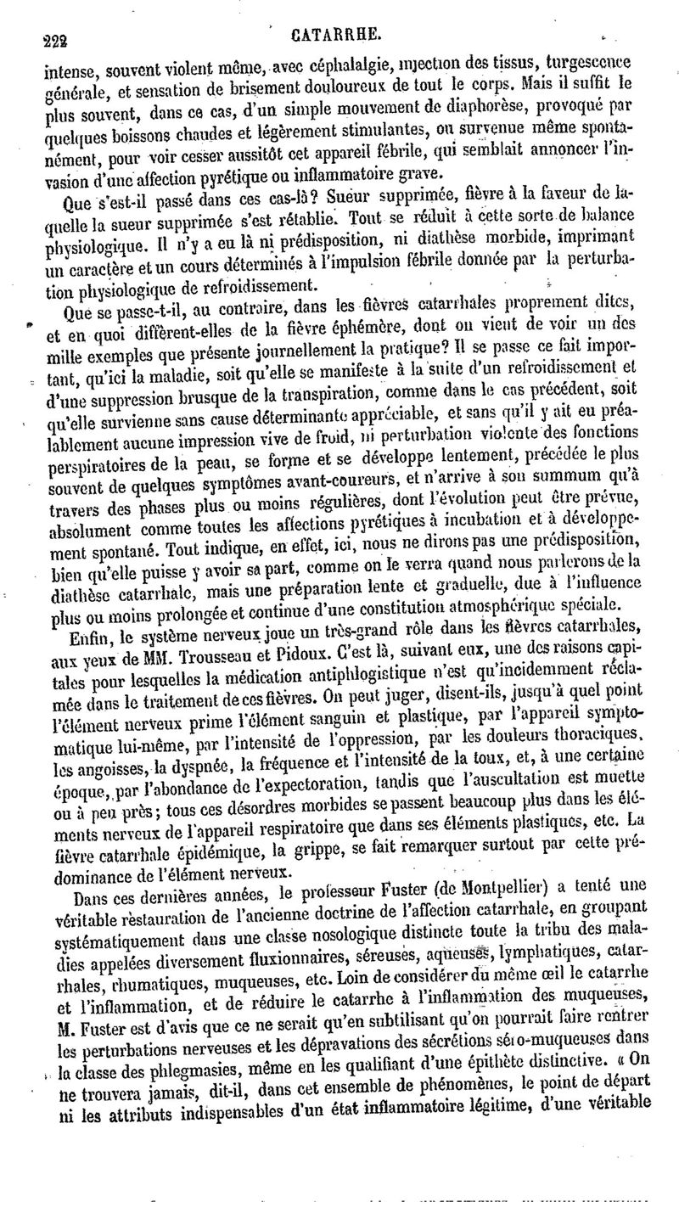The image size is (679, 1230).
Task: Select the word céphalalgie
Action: [351, 63]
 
